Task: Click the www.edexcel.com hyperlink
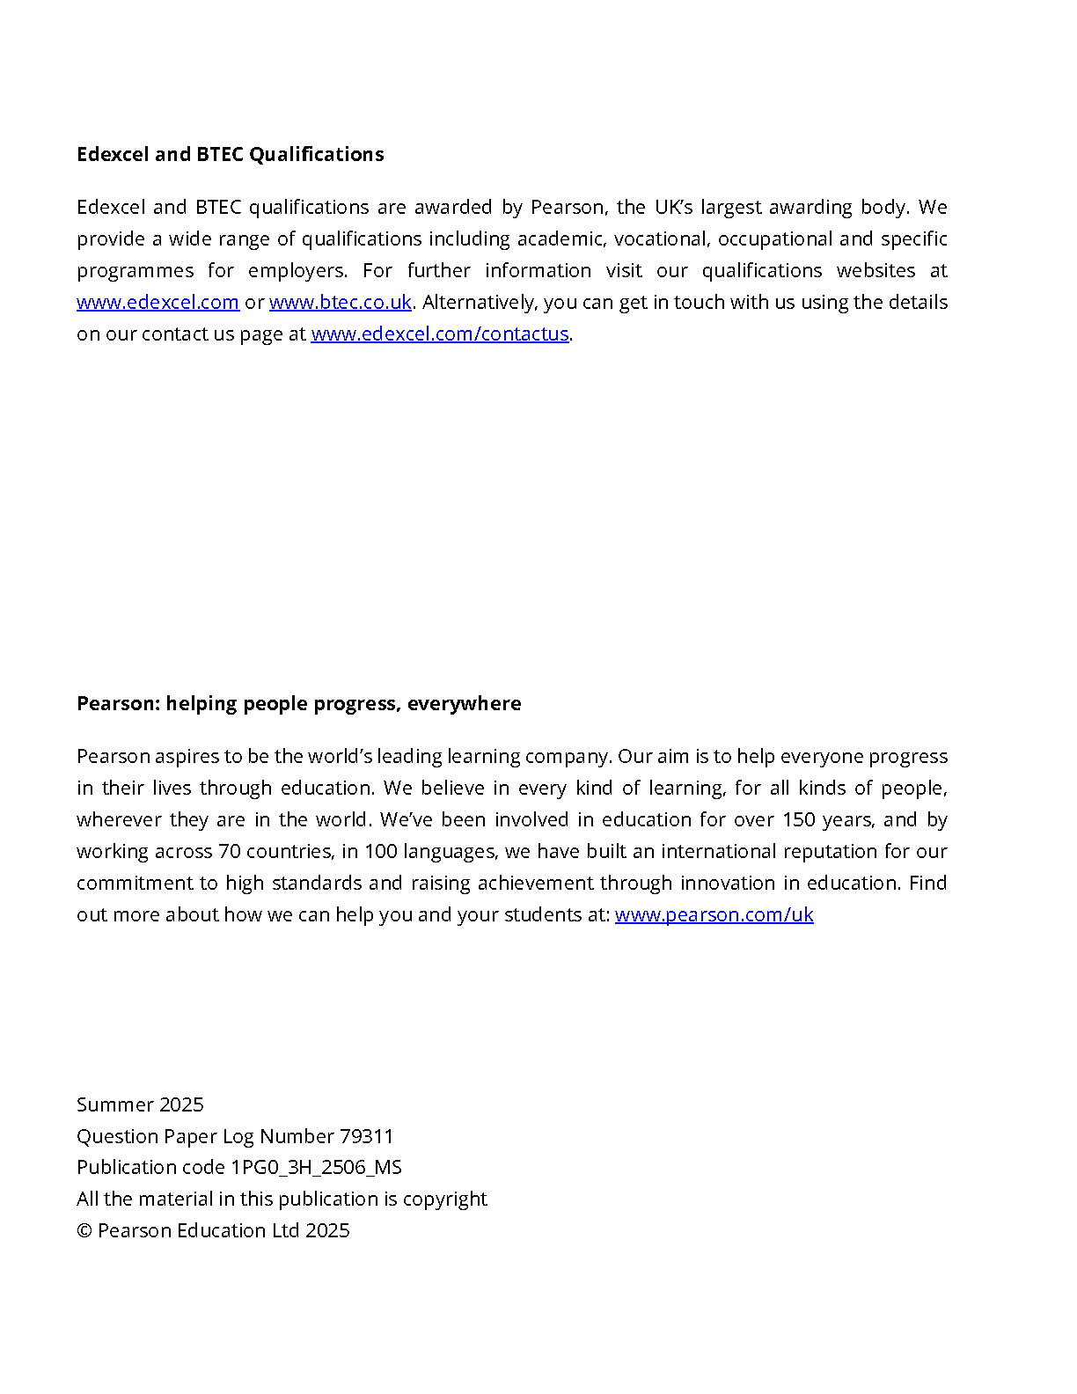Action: click(x=158, y=302)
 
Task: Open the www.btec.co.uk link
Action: click(x=341, y=302)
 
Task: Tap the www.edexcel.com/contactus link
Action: click(x=440, y=334)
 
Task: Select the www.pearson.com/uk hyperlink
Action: click(x=714, y=914)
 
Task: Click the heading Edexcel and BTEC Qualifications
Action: click(x=231, y=154)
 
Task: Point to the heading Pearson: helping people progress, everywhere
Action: click(x=299, y=703)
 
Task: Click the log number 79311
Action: click(x=367, y=1136)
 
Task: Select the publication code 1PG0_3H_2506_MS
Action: click(x=316, y=1167)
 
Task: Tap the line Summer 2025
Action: click(x=140, y=1104)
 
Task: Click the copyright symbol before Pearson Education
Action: click(x=84, y=1230)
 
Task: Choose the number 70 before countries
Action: click(x=229, y=851)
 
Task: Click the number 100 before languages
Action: click(x=380, y=851)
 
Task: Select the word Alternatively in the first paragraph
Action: click(x=478, y=302)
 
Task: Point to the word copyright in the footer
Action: click(x=444, y=1199)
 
